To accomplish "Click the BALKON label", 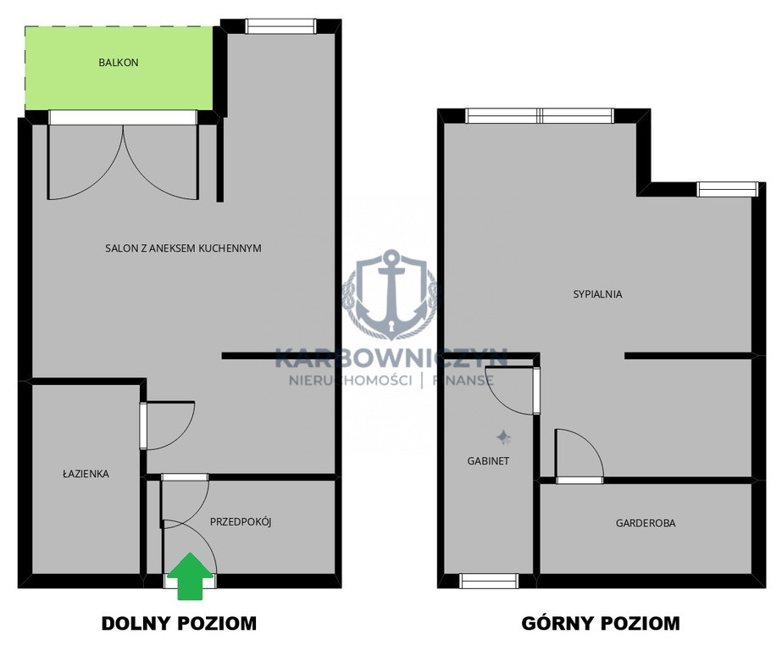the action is (x=119, y=63).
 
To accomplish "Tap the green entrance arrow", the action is (x=190, y=576).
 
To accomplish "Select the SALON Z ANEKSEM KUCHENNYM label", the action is (x=183, y=248).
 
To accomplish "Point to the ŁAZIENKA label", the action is (x=86, y=473).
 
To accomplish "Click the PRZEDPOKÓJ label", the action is (x=241, y=522).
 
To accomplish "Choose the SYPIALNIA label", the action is (x=597, y=294).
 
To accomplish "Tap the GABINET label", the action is (x=488, y=461).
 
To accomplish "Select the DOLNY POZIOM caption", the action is (x=179, y=623).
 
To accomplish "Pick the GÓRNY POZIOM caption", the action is (x=601, y=623).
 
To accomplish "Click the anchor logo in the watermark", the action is (x=389, y=294).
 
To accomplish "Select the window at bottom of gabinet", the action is (x=489, y=581).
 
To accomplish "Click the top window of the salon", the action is (x=280, y=26).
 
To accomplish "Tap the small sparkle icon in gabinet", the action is (x=503, y=437).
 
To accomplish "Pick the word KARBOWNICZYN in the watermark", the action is (x=391, y=359).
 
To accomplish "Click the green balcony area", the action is (x=119, y=69).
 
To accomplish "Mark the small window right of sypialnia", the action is (x=727, y=190).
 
